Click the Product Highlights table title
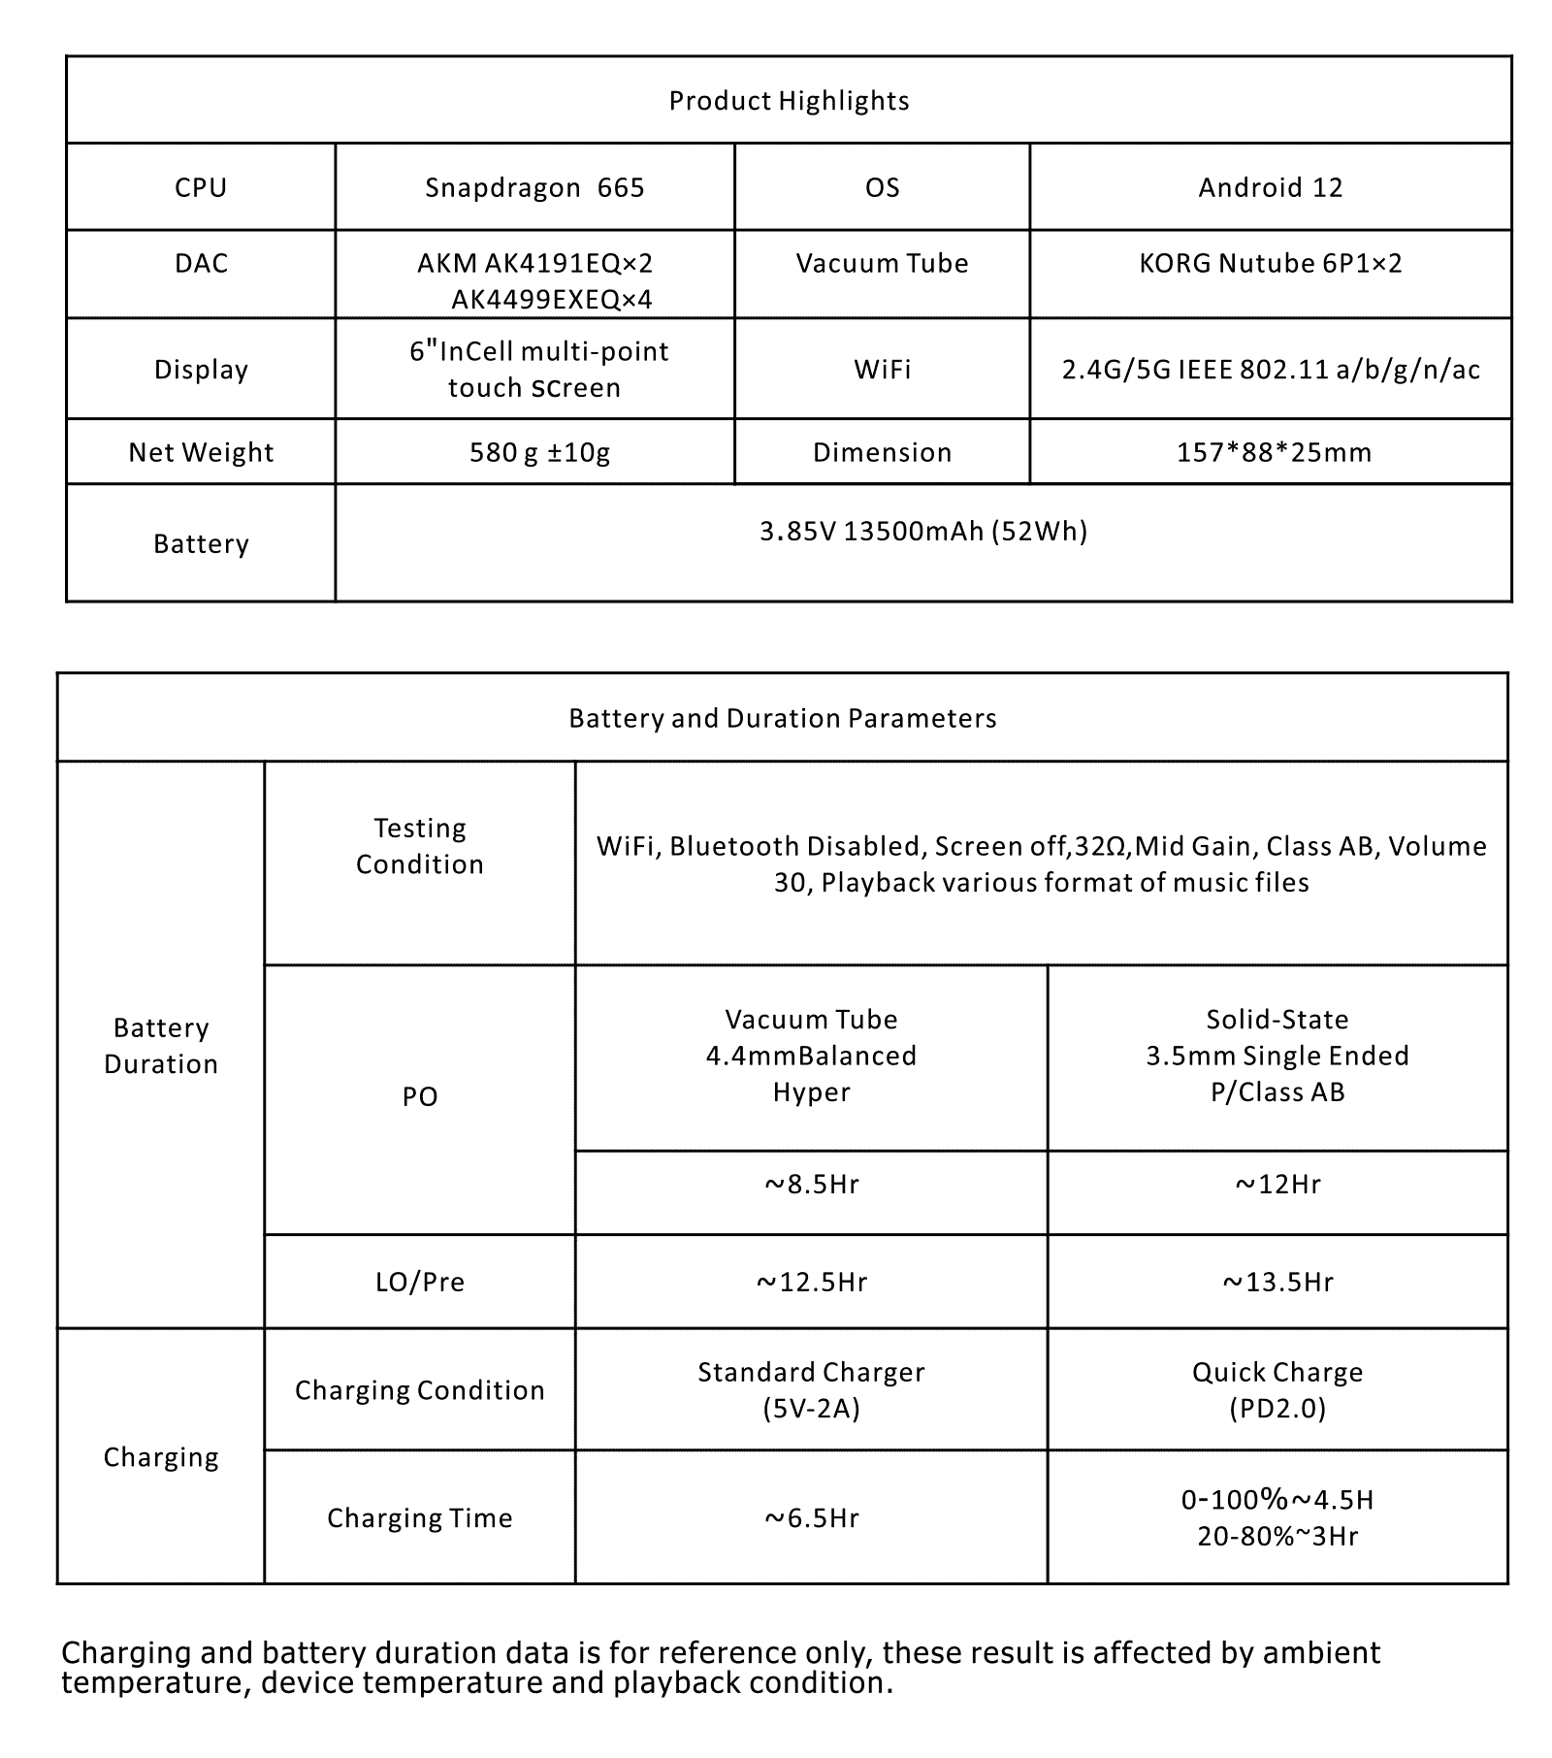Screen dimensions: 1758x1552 point(789,101)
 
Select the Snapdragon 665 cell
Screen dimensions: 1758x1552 point(534,187)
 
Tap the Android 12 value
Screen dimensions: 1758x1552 point(1270,187)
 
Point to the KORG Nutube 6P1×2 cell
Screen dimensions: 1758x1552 point(1270,263)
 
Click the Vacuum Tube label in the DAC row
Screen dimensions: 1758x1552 point(882,263)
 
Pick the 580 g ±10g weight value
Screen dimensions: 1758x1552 point(539,452)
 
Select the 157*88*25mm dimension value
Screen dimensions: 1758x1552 point(1274,452)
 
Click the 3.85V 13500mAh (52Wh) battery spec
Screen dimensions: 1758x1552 point(922,531)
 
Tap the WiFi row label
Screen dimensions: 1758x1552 point(882,369)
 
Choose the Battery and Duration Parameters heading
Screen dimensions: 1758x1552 point(782,718)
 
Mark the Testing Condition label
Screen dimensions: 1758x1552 point(419,846)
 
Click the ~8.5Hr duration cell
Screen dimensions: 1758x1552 point(811,1185)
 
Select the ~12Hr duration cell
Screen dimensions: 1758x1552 point(1277,1185)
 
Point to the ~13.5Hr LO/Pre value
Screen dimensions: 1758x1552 point(1277,1283)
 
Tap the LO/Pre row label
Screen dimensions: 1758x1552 point(419,1283)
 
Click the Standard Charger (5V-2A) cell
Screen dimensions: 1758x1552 point(811,1389)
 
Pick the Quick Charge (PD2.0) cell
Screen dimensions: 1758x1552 point(1277,1389)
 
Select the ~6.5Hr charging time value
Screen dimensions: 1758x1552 point(811,1517)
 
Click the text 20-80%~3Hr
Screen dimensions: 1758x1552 point(1277,1536)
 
